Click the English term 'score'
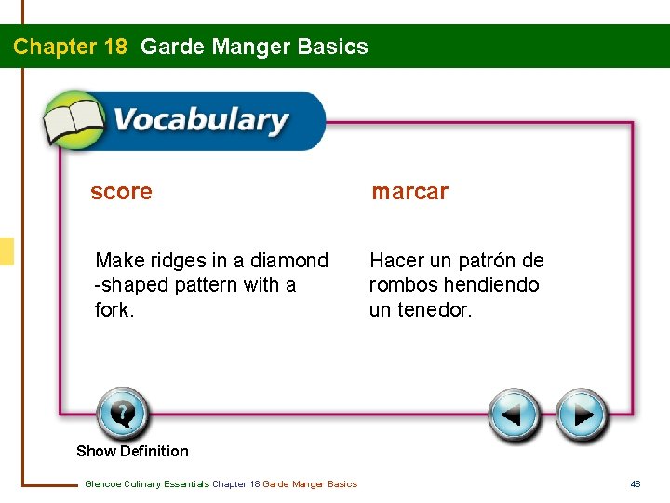[121, 192]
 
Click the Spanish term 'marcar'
[409, 192]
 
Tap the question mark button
[122, 414]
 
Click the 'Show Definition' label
[132, 451]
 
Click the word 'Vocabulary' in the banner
[200, 121]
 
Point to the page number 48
[636, 483]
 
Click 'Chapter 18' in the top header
[70, 47]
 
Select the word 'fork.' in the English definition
[114, 309]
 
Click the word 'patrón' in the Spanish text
[489, 261]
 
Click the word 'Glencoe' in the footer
[102, 483]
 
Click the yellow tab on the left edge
[7, 251]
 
